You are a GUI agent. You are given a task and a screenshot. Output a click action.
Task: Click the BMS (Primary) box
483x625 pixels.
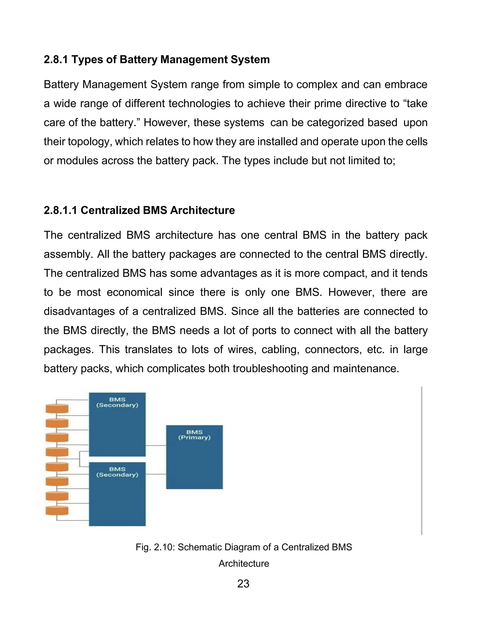click(x=194, y=457)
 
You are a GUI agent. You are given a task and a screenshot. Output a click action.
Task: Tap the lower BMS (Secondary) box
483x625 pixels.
click(x=117, y=494)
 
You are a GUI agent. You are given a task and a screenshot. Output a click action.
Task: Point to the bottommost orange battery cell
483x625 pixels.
click(x=57, y=511)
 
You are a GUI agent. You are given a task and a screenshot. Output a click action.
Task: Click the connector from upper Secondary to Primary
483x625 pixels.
click(x=156, y=446)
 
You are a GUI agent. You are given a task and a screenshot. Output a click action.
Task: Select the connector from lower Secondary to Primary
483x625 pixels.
click(x=156, y=474)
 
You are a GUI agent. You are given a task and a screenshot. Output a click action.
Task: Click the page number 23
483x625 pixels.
click(x=243, y=584)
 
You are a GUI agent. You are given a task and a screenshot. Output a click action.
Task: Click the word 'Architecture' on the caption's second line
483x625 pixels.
click(x=244, y=563)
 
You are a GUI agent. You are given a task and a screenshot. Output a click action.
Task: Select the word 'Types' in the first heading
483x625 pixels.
click(x=83, y=59)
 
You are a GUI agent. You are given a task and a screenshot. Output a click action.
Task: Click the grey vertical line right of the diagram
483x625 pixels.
click(x=421, y=461)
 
